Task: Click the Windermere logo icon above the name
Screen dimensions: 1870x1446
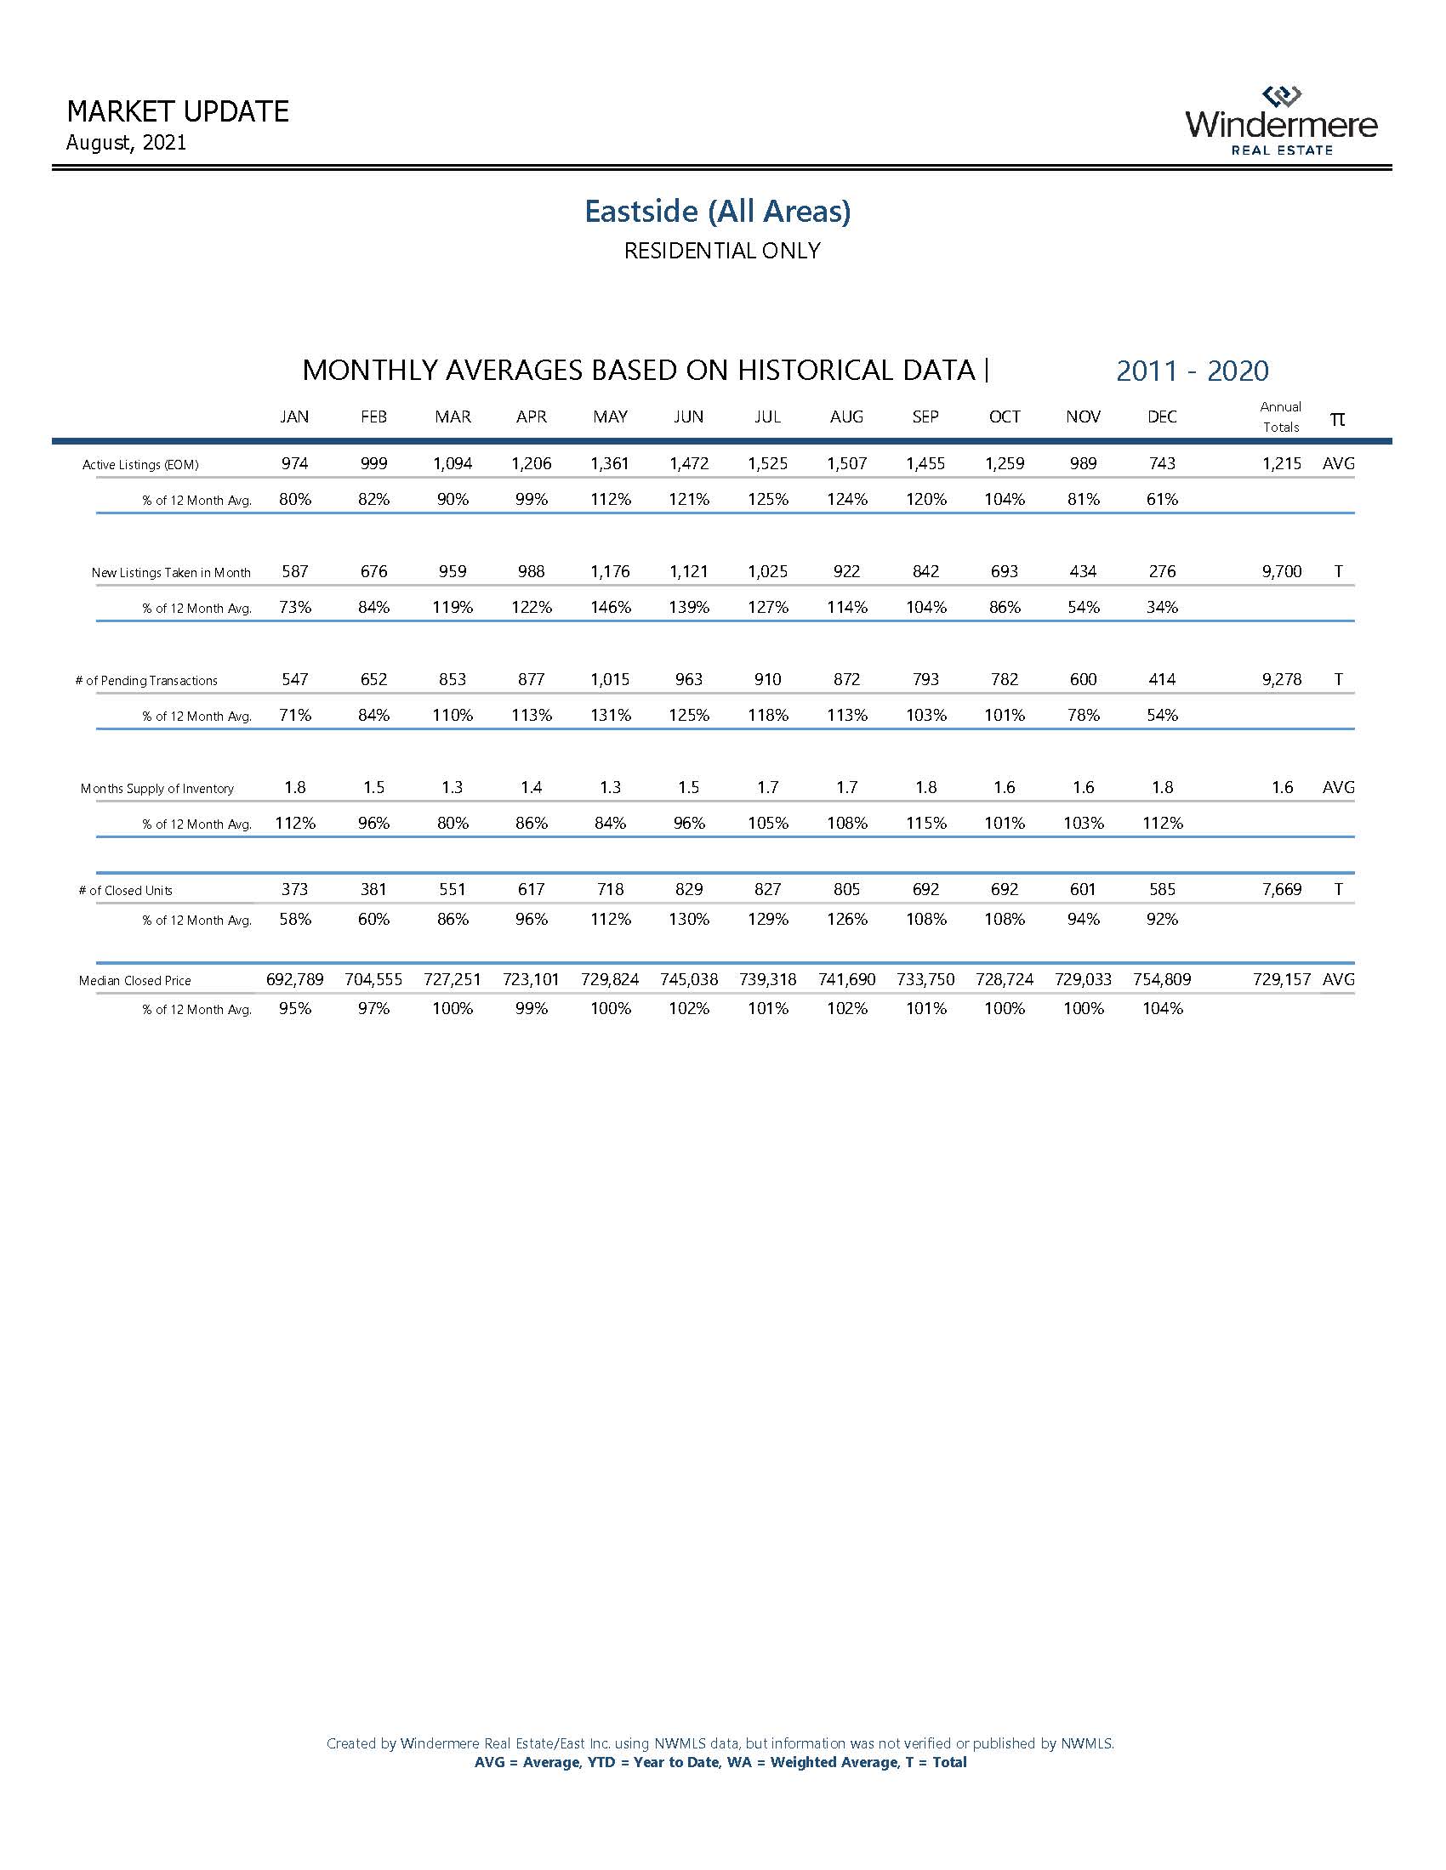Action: point(1282,96)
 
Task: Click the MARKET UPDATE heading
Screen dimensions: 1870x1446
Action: point(177,111)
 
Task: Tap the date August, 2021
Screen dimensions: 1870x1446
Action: point(126,142)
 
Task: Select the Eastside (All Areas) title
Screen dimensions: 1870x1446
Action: point(718,211)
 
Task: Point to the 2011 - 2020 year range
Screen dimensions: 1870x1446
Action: point(1192,371)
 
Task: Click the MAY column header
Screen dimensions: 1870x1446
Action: point(610,417)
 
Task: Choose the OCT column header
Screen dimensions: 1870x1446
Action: point(1004,417)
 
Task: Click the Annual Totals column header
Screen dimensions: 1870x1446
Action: point(1281,417)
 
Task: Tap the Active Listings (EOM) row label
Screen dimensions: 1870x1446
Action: point(140,465)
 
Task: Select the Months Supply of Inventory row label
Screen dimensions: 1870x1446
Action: point(157,789)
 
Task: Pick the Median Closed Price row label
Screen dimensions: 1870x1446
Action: point(134,980)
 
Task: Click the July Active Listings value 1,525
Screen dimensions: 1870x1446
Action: point(767,463)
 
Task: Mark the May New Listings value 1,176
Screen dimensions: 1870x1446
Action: point(610,571)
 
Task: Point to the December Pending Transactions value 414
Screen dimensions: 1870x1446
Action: point(1162,679)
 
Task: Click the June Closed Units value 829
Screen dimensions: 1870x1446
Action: point(689,890)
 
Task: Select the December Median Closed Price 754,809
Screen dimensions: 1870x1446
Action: point(1162,979)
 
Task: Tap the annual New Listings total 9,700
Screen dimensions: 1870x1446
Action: point(1282,571)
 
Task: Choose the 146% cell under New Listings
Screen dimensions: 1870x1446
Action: point(610,607)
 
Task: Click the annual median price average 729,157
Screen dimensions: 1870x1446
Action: point(1282,979)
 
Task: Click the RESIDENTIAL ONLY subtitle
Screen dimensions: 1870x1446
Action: point(722,251)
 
